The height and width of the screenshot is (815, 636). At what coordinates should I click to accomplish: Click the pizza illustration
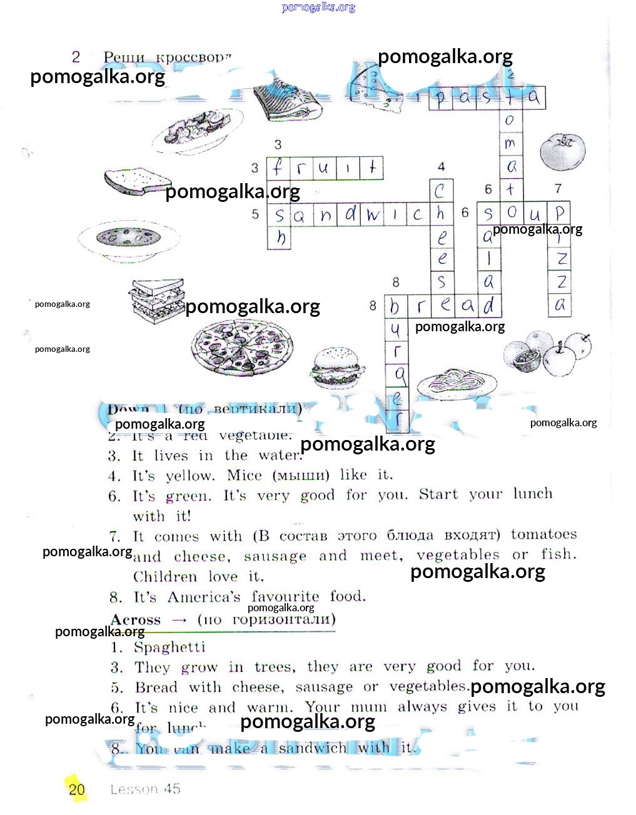241,347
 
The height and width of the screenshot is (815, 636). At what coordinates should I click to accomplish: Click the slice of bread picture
136,181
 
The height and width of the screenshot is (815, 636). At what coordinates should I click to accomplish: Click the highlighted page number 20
76,789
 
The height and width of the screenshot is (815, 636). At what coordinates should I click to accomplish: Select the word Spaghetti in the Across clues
169,647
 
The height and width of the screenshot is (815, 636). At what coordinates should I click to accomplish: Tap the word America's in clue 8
203,597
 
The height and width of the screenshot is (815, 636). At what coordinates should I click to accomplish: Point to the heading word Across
136,620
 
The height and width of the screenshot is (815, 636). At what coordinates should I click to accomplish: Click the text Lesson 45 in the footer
145,789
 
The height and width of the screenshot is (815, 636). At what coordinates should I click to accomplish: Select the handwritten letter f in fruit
278,168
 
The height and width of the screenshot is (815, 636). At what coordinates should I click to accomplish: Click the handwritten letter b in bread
395,306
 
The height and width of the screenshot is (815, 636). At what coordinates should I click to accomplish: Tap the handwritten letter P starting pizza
560,213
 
